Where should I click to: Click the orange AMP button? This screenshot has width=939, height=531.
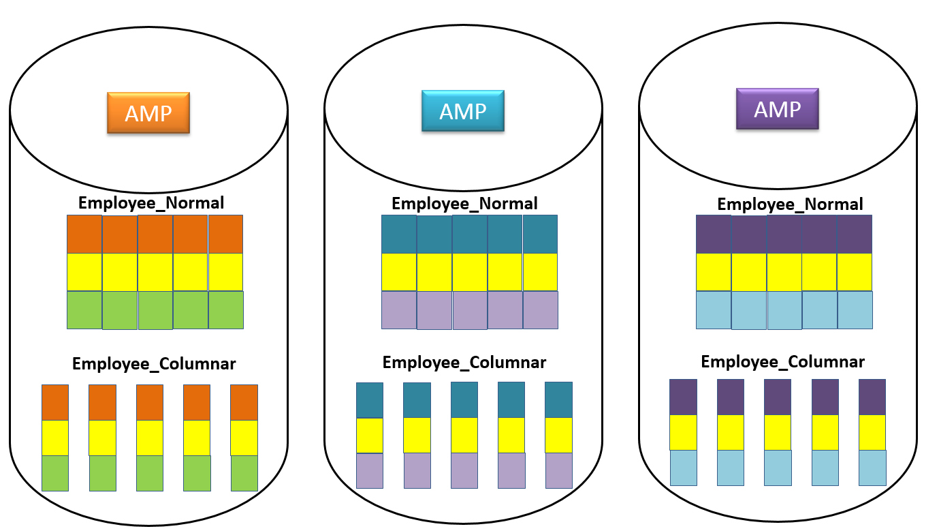pos(148,112)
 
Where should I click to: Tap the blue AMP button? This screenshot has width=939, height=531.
pos(463,110)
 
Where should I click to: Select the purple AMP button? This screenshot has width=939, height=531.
pos(777,108)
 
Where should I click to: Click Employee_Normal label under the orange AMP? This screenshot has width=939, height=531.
pos(151,202)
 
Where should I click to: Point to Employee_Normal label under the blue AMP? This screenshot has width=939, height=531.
pos(464,203)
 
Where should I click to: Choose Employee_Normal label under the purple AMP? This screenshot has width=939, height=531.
pos(790,204)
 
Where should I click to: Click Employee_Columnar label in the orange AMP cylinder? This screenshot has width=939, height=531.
pos(154,363)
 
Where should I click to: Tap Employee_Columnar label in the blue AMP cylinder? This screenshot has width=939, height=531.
pos(464,362)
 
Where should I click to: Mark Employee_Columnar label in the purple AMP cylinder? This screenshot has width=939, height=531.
pos(782,361)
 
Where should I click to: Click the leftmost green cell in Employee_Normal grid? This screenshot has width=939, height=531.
pos(84,310)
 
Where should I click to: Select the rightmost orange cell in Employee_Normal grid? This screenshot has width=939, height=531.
pos(225,234)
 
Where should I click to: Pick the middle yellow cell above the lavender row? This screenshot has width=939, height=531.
pos(470,272)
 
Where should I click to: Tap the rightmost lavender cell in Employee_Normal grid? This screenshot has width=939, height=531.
pos(541,310)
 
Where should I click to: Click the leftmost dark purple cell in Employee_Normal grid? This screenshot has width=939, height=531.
pos(713,234)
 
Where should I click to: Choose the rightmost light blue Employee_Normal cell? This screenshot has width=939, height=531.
pos(855,310)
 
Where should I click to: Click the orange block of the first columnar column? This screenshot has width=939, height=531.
pos(55,402)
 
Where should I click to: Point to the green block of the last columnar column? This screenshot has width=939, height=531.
pos(244,473)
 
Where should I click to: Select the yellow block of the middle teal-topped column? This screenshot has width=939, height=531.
pos(464,435)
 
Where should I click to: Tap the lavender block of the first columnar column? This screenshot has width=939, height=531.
pos(370,470)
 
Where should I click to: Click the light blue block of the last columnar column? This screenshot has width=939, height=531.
pos(872,468)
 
